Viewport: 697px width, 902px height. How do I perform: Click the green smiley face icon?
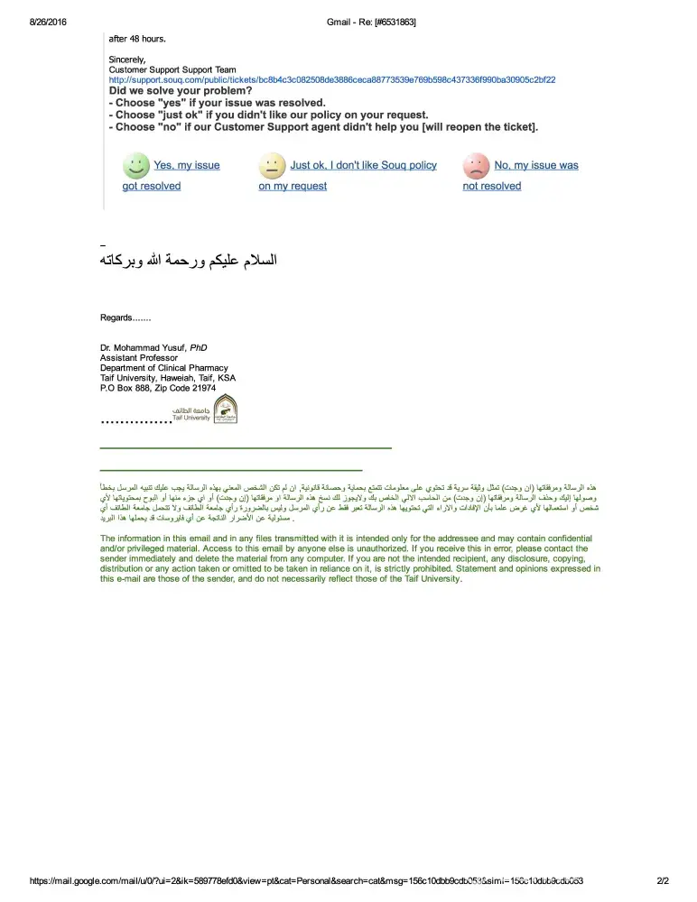[136, 167]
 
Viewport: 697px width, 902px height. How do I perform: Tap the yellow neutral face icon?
[272, 167]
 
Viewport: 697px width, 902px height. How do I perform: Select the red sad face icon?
[476, 167]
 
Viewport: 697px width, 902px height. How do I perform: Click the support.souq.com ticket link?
[331, 79]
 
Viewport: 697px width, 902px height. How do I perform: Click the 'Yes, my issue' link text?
[187, 165]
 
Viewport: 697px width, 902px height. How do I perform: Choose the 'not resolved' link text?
[492, 186]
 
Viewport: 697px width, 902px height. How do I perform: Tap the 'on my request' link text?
[293, 186]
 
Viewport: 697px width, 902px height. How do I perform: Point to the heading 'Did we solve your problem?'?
[181, 91]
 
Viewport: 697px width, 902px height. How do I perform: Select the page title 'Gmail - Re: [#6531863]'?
[370, 22]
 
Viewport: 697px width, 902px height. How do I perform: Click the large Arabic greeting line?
[188, 261]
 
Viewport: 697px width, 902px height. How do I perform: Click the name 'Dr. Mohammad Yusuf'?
[143, 347]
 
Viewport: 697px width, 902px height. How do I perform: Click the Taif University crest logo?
[226, 409]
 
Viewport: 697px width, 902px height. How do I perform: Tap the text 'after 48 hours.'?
[137, 39]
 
